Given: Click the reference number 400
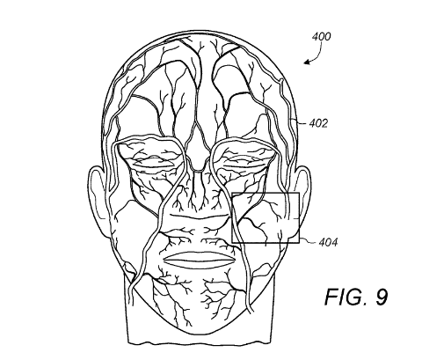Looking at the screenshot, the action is [322, 37].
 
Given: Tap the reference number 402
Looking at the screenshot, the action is [318, 123].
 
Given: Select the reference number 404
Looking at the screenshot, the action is [328, 242].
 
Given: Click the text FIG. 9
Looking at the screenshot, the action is [356, 297].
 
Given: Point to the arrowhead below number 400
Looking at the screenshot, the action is [307, 62].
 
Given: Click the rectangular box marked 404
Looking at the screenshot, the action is [266, 193].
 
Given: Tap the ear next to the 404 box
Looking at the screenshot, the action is [303, 200].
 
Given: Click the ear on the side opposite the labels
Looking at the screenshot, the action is [96, 200].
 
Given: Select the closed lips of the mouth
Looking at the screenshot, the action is [200, 259].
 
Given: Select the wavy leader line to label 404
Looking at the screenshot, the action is [309, 240].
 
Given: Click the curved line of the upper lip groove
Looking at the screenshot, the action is [200, 217].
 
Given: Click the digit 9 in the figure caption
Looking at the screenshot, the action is [380, 297].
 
